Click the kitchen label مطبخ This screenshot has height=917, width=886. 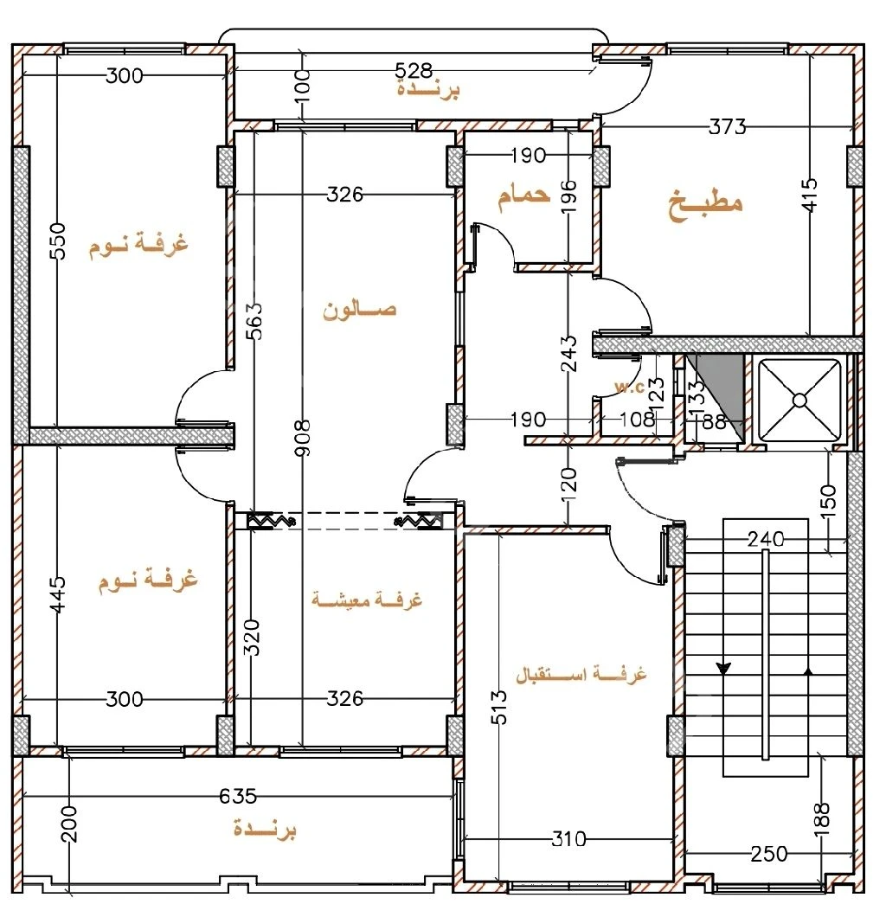coord(705,204)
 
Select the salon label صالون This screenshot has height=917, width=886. coord(360,310)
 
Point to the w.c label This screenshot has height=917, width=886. coord(629,387)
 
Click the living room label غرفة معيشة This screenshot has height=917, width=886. coord(367,600)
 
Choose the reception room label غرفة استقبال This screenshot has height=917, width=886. coord(581,674)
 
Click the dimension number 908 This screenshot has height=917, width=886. coord(302,438)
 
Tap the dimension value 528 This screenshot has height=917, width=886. coord(414,71)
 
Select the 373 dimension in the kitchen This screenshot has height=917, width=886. coord(727,126)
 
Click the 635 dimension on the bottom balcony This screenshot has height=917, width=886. coord(238,796)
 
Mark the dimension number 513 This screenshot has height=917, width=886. coord(499,707)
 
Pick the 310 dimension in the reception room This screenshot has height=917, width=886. coord(568,839)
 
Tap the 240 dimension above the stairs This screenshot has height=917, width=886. coord(766,539)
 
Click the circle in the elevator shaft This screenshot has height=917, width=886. coord(799,401)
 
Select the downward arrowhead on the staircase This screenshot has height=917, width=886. coord(723,668)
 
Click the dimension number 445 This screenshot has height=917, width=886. coord(58,594)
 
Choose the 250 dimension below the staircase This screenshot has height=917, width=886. coord(769,854)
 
